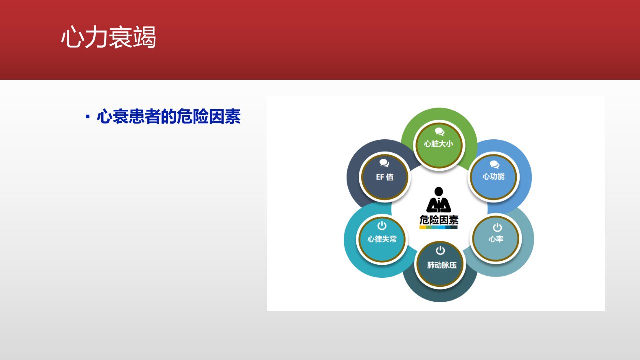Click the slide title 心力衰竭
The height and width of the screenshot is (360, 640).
[x=109, y=37]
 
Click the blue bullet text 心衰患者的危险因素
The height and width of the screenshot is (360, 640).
[x=169, y=116]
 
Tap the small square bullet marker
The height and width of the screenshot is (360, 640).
[x=87, y=117]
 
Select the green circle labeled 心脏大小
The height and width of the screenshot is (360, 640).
[x=439, y=145]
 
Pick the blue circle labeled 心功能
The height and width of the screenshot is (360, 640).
[x=493, y=177]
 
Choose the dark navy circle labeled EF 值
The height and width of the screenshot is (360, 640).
[x=384, y=177]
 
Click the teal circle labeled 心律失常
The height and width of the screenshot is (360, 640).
[x=382, y=239]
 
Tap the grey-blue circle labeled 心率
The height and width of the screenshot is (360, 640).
[x=496, y=239]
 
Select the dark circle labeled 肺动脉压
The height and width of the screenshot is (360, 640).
[x=440, y=265]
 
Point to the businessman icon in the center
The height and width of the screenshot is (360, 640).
[x=439, y=200]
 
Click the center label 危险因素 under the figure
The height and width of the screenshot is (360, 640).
[x=439, y=220]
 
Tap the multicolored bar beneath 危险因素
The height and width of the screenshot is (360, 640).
[x=438, y=227]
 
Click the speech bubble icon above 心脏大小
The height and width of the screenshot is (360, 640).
[x=439, y=131]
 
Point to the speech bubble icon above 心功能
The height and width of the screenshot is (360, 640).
[x=494, y=165]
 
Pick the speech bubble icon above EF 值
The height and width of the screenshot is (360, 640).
[x=384, y=163]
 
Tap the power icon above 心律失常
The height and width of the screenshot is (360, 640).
[x=382, y=225]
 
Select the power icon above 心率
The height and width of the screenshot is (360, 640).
[x=497, y=227]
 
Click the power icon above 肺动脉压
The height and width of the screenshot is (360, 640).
[x=440, y=250]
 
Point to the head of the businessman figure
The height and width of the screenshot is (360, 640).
[x=439, y=191]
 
